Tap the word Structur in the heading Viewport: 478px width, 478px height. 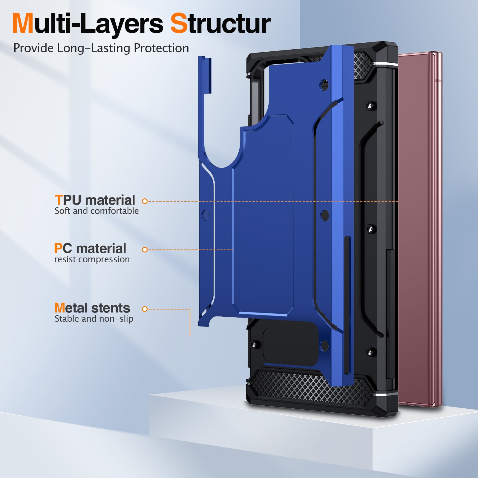[x=220, y=23]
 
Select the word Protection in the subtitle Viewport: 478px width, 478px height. [x=161, y=48]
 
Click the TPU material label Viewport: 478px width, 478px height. [x=95, y=200]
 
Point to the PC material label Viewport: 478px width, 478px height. [x=90, y=248]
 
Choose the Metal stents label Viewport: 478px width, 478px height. [x=92, y=308]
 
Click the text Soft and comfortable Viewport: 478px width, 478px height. [x=96, y=211]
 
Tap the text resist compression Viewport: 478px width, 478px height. [x=92, y=259]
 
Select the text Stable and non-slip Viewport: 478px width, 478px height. [x=94, y=319]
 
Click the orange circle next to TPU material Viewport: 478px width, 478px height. [x=145, y=201]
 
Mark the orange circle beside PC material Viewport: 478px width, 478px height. [x=145, y=249]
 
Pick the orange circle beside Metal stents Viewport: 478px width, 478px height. [x=145, y=309]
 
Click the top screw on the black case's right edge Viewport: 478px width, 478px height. [x=371, y=106]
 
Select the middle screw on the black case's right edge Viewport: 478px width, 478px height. [x=371, y=229]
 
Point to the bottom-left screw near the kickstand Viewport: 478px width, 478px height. [x=255, y=345]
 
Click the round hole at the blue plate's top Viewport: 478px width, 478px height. [x=324, y=85]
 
